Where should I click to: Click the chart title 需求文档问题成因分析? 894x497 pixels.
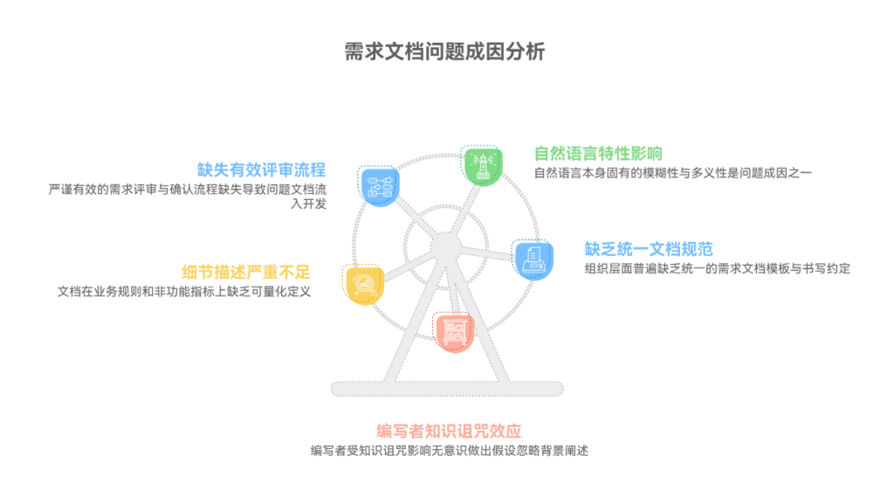(446, 52)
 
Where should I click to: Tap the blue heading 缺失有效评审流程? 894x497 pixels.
(262, 169)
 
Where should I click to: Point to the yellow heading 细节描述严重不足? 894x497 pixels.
(246, 272)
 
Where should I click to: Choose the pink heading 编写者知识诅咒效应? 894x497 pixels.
(449, 431)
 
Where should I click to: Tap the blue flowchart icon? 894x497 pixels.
(379, 185)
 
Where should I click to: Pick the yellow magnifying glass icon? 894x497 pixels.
(363, 284)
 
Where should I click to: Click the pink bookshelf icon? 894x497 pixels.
(454, 331)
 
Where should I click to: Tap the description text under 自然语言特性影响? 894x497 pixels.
(672, 173)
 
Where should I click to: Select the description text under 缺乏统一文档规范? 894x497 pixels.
(716, 268)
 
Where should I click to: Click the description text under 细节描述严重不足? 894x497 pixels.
(184, 292)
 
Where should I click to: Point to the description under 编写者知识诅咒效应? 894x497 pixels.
(449, 451)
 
